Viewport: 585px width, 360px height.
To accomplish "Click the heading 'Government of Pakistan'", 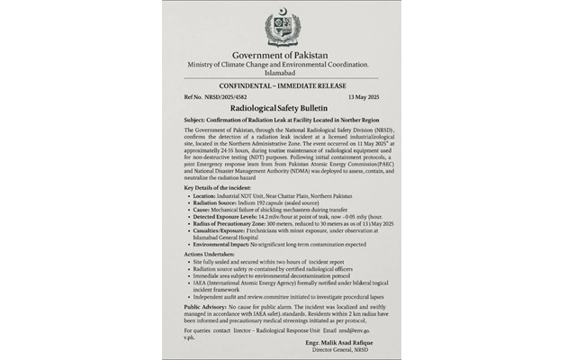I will coord(282,56).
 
